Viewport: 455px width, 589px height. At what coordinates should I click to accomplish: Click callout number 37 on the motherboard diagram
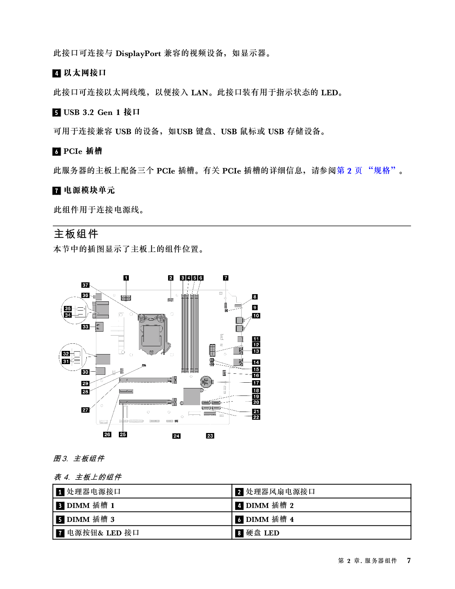pyautogui.click(x=85, y=285)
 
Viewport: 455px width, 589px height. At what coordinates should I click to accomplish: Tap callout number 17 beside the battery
pyautogui.click(x=256, y=383)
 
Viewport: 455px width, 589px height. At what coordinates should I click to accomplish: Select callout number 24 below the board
pyautogui.click(x=176, y=436)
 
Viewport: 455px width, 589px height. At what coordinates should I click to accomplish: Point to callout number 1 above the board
pyautogui.click(x=126, y=278)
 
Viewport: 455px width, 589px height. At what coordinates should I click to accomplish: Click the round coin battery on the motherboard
pyautogui.click(x=206, y=382)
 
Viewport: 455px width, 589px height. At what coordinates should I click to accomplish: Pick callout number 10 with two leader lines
pyautogui.click(x=256, y=316)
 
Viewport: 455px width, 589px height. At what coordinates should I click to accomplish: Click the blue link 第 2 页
pyautogui.click(x=349, y=171)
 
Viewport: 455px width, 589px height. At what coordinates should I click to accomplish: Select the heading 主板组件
pyautogui.click(x=76, y=234)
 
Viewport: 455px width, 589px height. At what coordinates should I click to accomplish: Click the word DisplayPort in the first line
pyautogui.click(x=138, y=54)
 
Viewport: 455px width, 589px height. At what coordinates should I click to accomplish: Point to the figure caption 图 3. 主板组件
pyautogui.click(x=79, y=458)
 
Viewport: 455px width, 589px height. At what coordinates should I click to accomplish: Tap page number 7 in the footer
pyautogui.click(x=409, y=560)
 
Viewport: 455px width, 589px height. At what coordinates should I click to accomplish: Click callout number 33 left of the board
pyautogui.click(x=85, y=327)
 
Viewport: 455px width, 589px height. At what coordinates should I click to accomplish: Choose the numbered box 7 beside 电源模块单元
pyautogui.click(x=56, y=191)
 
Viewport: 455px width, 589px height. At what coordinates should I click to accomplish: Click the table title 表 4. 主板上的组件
pyautogui.click(x=88, y=477)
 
